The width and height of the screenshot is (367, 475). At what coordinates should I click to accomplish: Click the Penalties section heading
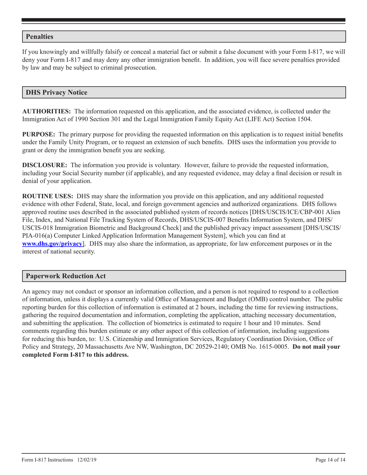tap(39, 37)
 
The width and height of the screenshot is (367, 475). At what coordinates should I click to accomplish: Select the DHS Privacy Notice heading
tap(56, 93)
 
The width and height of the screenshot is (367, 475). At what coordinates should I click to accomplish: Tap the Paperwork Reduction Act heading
tap(66, 277)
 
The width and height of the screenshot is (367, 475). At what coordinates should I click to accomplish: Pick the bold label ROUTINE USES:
tap(48, 196)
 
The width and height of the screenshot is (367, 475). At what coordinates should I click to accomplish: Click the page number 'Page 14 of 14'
tap(330, 460)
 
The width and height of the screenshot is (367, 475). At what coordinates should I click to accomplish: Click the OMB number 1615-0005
tap(274, 347)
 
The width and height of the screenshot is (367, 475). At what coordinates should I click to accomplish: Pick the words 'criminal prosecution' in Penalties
tap(130, 68)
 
